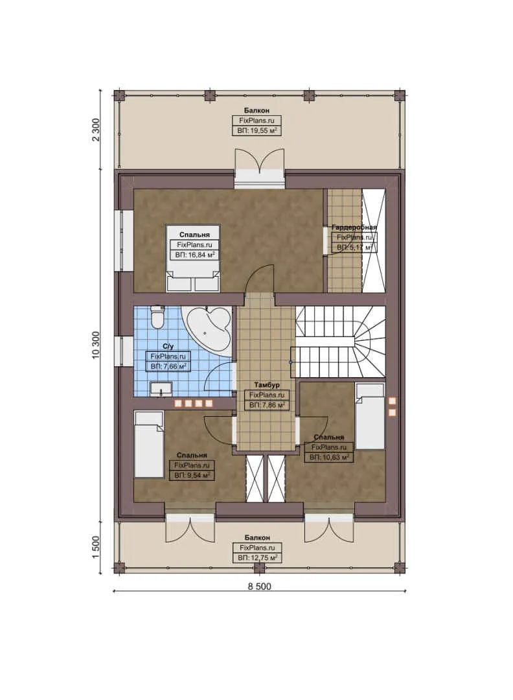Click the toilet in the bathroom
point(157,318)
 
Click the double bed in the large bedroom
point(193,259)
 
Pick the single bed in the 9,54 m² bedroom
point(148,443)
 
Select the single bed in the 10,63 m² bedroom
point(370,415)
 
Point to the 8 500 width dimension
point(259,587)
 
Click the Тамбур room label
point(266,385)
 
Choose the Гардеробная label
point(354,227)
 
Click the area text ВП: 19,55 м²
point(257,131)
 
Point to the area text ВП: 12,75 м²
point(257,557)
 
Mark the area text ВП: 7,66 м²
point(168,366)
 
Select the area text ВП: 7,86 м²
point(266,404)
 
